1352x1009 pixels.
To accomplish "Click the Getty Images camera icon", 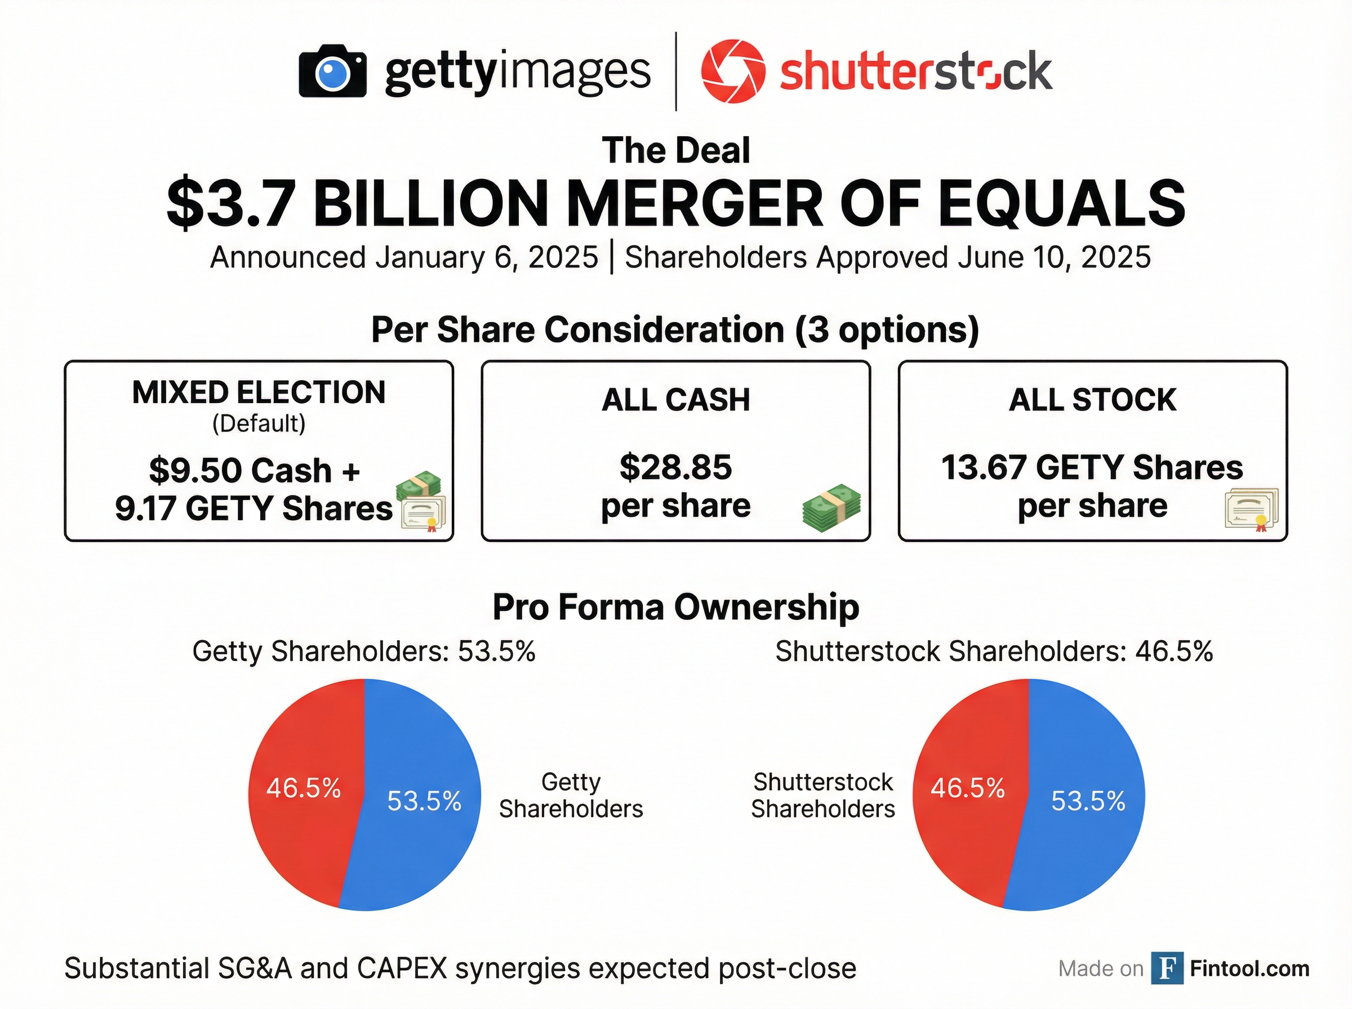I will (x=332, y=72).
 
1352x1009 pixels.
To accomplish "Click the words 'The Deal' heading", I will (x=675, y=150).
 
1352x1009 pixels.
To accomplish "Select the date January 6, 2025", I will (x=486, y=257).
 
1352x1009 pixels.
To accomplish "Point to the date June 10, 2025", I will (x=1054, y=257).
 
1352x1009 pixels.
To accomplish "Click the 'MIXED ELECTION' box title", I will (x=259, y=392).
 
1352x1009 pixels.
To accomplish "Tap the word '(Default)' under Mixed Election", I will (x=259, y=423).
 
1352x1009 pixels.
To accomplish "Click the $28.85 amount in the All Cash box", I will (x=675, y=467).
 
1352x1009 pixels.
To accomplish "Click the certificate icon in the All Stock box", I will (x=1251, y=510).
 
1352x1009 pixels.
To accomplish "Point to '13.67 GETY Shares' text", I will (x=1092, y=468).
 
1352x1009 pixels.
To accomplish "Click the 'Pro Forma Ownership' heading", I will (x=675, y=607).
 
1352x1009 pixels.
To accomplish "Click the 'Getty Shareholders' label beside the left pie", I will (x=571, y=795).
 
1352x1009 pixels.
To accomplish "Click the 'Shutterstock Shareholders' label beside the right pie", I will (x=822, y=795).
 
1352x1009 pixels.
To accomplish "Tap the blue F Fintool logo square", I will (x=1166, y=968).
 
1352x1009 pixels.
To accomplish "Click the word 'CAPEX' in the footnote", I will (x=401, y=968).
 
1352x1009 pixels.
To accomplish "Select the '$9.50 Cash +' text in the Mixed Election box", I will (x=254, y=470).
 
